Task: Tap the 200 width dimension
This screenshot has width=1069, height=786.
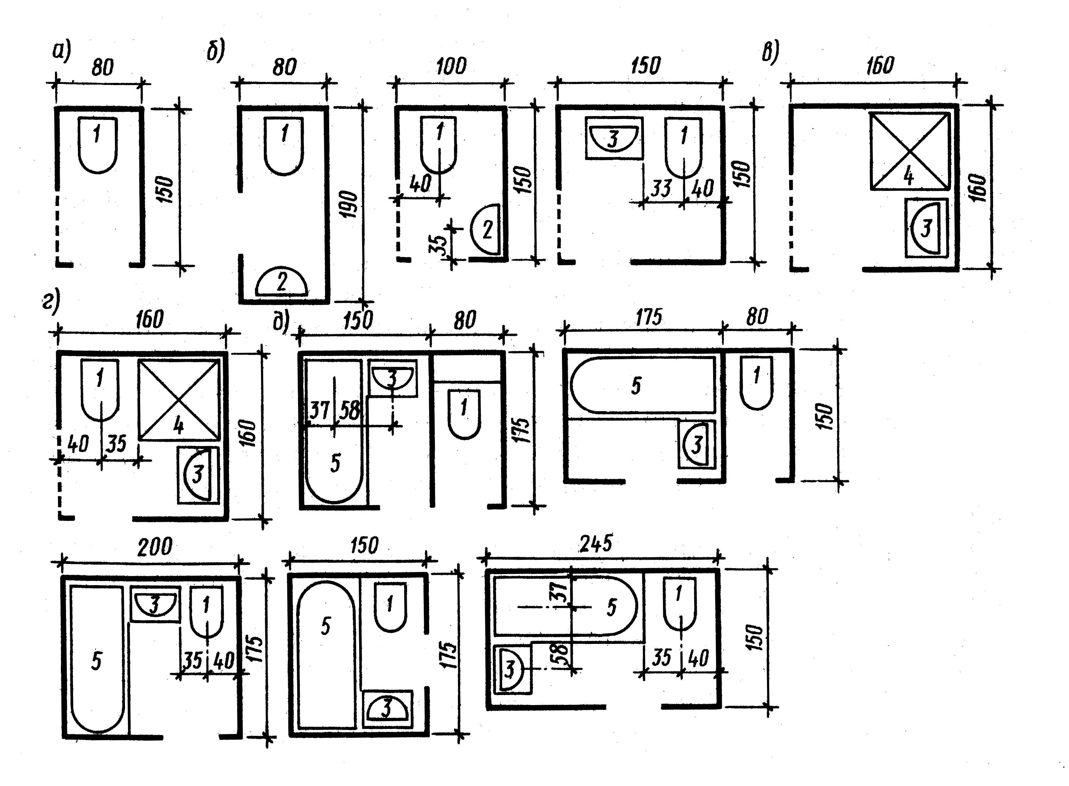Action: tap(155, 548)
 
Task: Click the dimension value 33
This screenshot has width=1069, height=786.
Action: tap(661, 188)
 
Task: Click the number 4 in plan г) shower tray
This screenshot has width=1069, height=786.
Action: tap(178, 426)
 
